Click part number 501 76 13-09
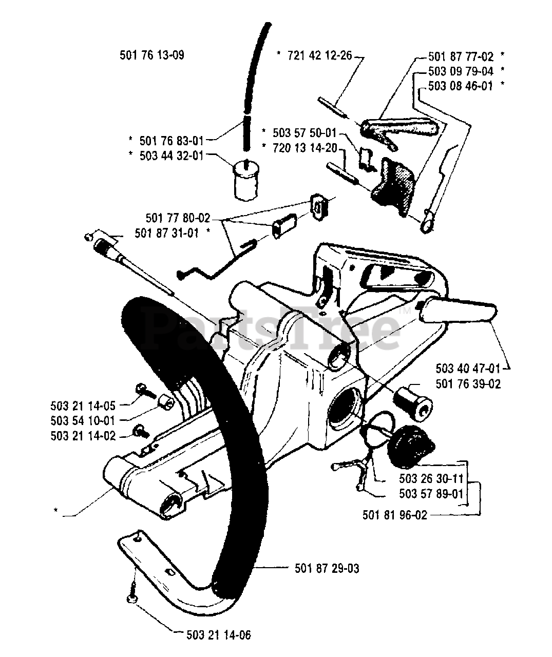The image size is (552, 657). coord(151,55)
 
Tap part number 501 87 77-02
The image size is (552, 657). coord(460,56)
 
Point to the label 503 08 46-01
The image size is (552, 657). coord(460,86)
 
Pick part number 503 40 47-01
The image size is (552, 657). coord(468,368)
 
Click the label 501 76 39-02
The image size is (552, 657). coord(468,383)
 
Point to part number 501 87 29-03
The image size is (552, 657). coord(327,568)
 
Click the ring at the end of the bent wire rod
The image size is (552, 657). coord(426,223)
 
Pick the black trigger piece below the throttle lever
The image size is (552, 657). coord(393,182)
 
